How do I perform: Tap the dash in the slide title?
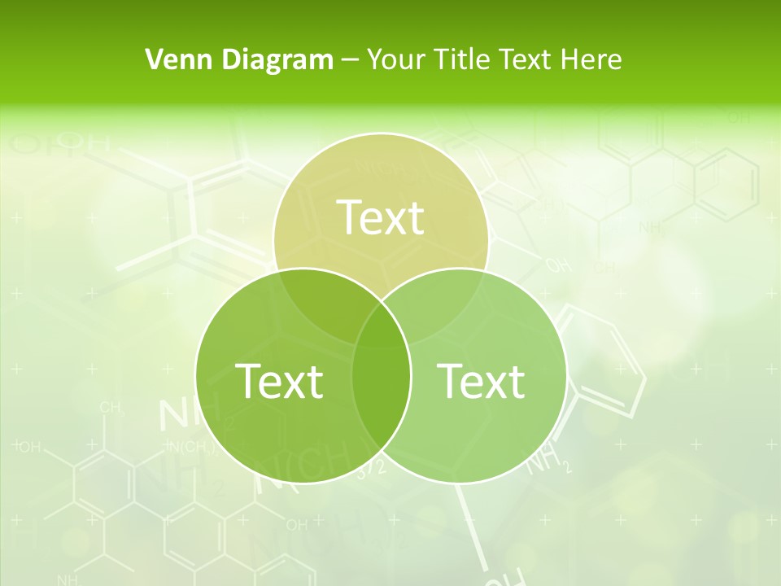click(x=350, y=60)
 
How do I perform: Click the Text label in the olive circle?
click(x=380, y=217)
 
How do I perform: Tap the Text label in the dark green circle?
click(x=279, y=381)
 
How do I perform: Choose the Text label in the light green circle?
click(x=481, y=381)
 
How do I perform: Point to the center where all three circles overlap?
click(x=381, y=326)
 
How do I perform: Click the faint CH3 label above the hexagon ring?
click(x=112, y=407)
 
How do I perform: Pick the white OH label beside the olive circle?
click(x=558, y=265)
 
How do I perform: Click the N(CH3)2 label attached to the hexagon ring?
click(x=190, y=446)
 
